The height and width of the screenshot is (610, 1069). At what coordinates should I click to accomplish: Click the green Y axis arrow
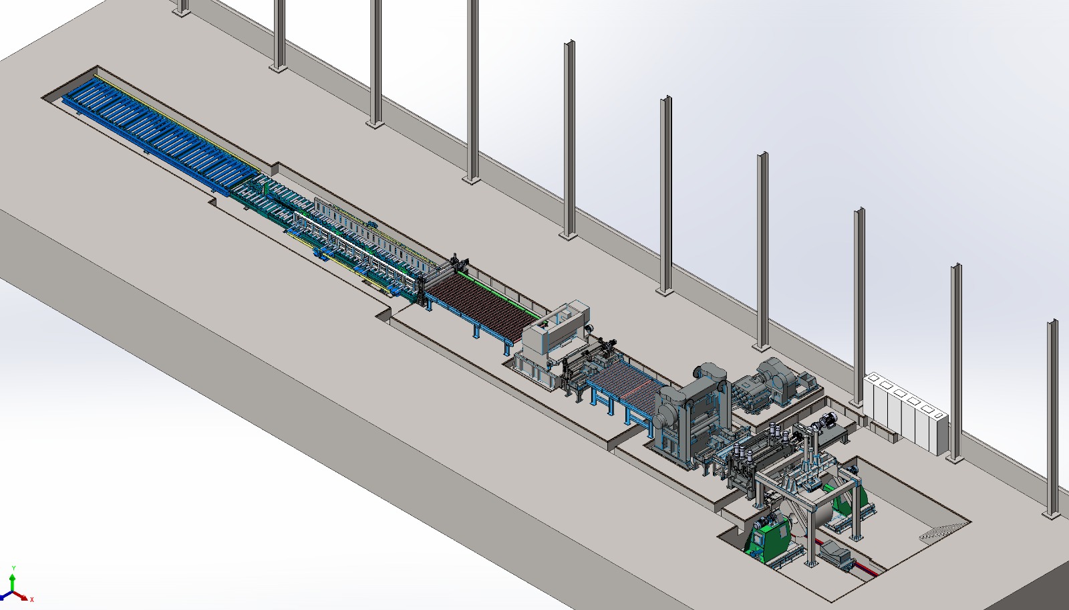click(13, 583)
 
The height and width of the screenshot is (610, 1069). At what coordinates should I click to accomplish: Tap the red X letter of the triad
click(32, 599)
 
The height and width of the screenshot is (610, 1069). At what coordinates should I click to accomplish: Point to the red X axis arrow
click(20, 596)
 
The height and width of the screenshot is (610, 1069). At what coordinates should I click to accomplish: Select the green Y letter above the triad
click(14, 569)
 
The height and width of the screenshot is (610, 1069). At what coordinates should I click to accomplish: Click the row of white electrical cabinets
click(905, 413)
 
